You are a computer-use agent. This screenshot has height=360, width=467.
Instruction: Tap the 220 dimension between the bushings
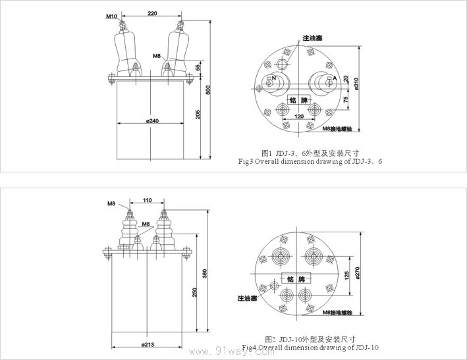coord(151,13)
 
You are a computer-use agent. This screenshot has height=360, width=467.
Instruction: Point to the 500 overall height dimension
coord(209,90)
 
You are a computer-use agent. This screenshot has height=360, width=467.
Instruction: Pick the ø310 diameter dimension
coord(356,84)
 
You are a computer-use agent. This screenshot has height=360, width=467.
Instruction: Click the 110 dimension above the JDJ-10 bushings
coord(147,200)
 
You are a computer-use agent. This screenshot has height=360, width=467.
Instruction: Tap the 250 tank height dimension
coord(194,292)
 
